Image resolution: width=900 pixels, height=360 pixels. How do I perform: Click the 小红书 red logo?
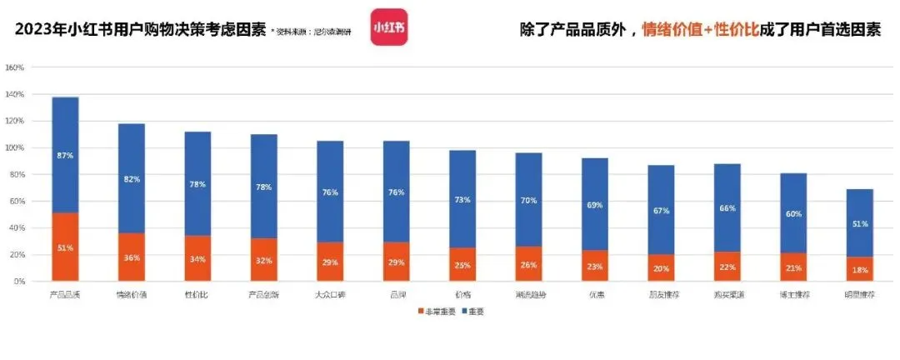389,27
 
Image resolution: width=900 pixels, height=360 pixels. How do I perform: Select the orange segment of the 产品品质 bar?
65,247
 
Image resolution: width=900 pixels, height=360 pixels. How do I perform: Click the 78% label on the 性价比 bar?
197,184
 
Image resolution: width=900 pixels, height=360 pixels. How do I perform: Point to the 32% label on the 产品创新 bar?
263,260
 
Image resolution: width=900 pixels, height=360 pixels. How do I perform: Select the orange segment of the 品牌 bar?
396,262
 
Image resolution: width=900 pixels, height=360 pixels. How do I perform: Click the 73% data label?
462,200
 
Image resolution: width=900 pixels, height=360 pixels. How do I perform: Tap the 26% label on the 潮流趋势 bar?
528,265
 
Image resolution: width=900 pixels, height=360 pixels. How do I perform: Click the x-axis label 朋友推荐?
661,294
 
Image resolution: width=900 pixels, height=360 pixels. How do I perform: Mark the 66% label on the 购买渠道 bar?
727,207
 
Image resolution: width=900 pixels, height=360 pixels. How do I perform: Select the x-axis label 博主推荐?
793,294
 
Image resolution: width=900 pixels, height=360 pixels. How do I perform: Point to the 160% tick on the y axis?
14,67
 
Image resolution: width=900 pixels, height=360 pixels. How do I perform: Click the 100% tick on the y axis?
14,147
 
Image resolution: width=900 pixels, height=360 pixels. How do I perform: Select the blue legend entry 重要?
473,312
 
